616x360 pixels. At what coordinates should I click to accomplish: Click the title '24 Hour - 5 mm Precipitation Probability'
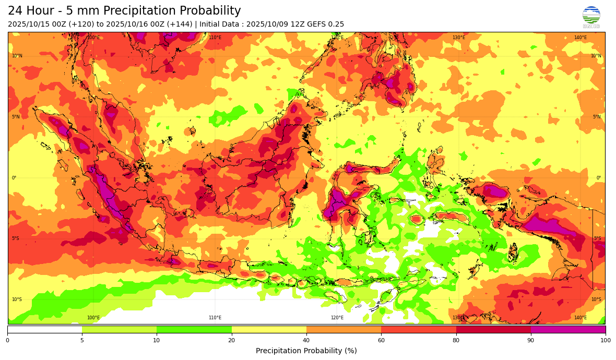(x=124, y=11)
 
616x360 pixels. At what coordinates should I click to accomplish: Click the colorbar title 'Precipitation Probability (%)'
(x=306, y=351)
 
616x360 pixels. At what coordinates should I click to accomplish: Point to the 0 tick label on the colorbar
(x=7, y=340)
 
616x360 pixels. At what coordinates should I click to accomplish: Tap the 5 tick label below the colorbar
(x=82, y=340)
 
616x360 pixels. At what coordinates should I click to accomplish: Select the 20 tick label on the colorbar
(x=231, y=340)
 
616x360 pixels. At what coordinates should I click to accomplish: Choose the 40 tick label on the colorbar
(x=306, y=340)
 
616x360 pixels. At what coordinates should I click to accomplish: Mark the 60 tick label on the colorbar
(x=381, y=340)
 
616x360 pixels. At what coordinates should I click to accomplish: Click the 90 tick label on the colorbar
(x=531, y=340)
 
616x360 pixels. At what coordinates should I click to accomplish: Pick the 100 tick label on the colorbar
(x=605, y=340)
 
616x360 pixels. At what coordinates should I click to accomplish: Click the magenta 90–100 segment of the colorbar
(x=568, y=329)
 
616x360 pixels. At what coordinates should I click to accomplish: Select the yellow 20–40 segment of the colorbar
(x=269, y=329)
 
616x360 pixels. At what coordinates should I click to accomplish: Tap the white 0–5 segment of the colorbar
(x=44, y=329)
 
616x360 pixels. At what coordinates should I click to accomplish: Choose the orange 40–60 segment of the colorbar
(x=343, y=329)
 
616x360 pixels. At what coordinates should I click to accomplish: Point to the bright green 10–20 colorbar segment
(x=194, y=329)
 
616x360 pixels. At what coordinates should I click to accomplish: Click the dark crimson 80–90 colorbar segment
(x=493, y=329)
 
